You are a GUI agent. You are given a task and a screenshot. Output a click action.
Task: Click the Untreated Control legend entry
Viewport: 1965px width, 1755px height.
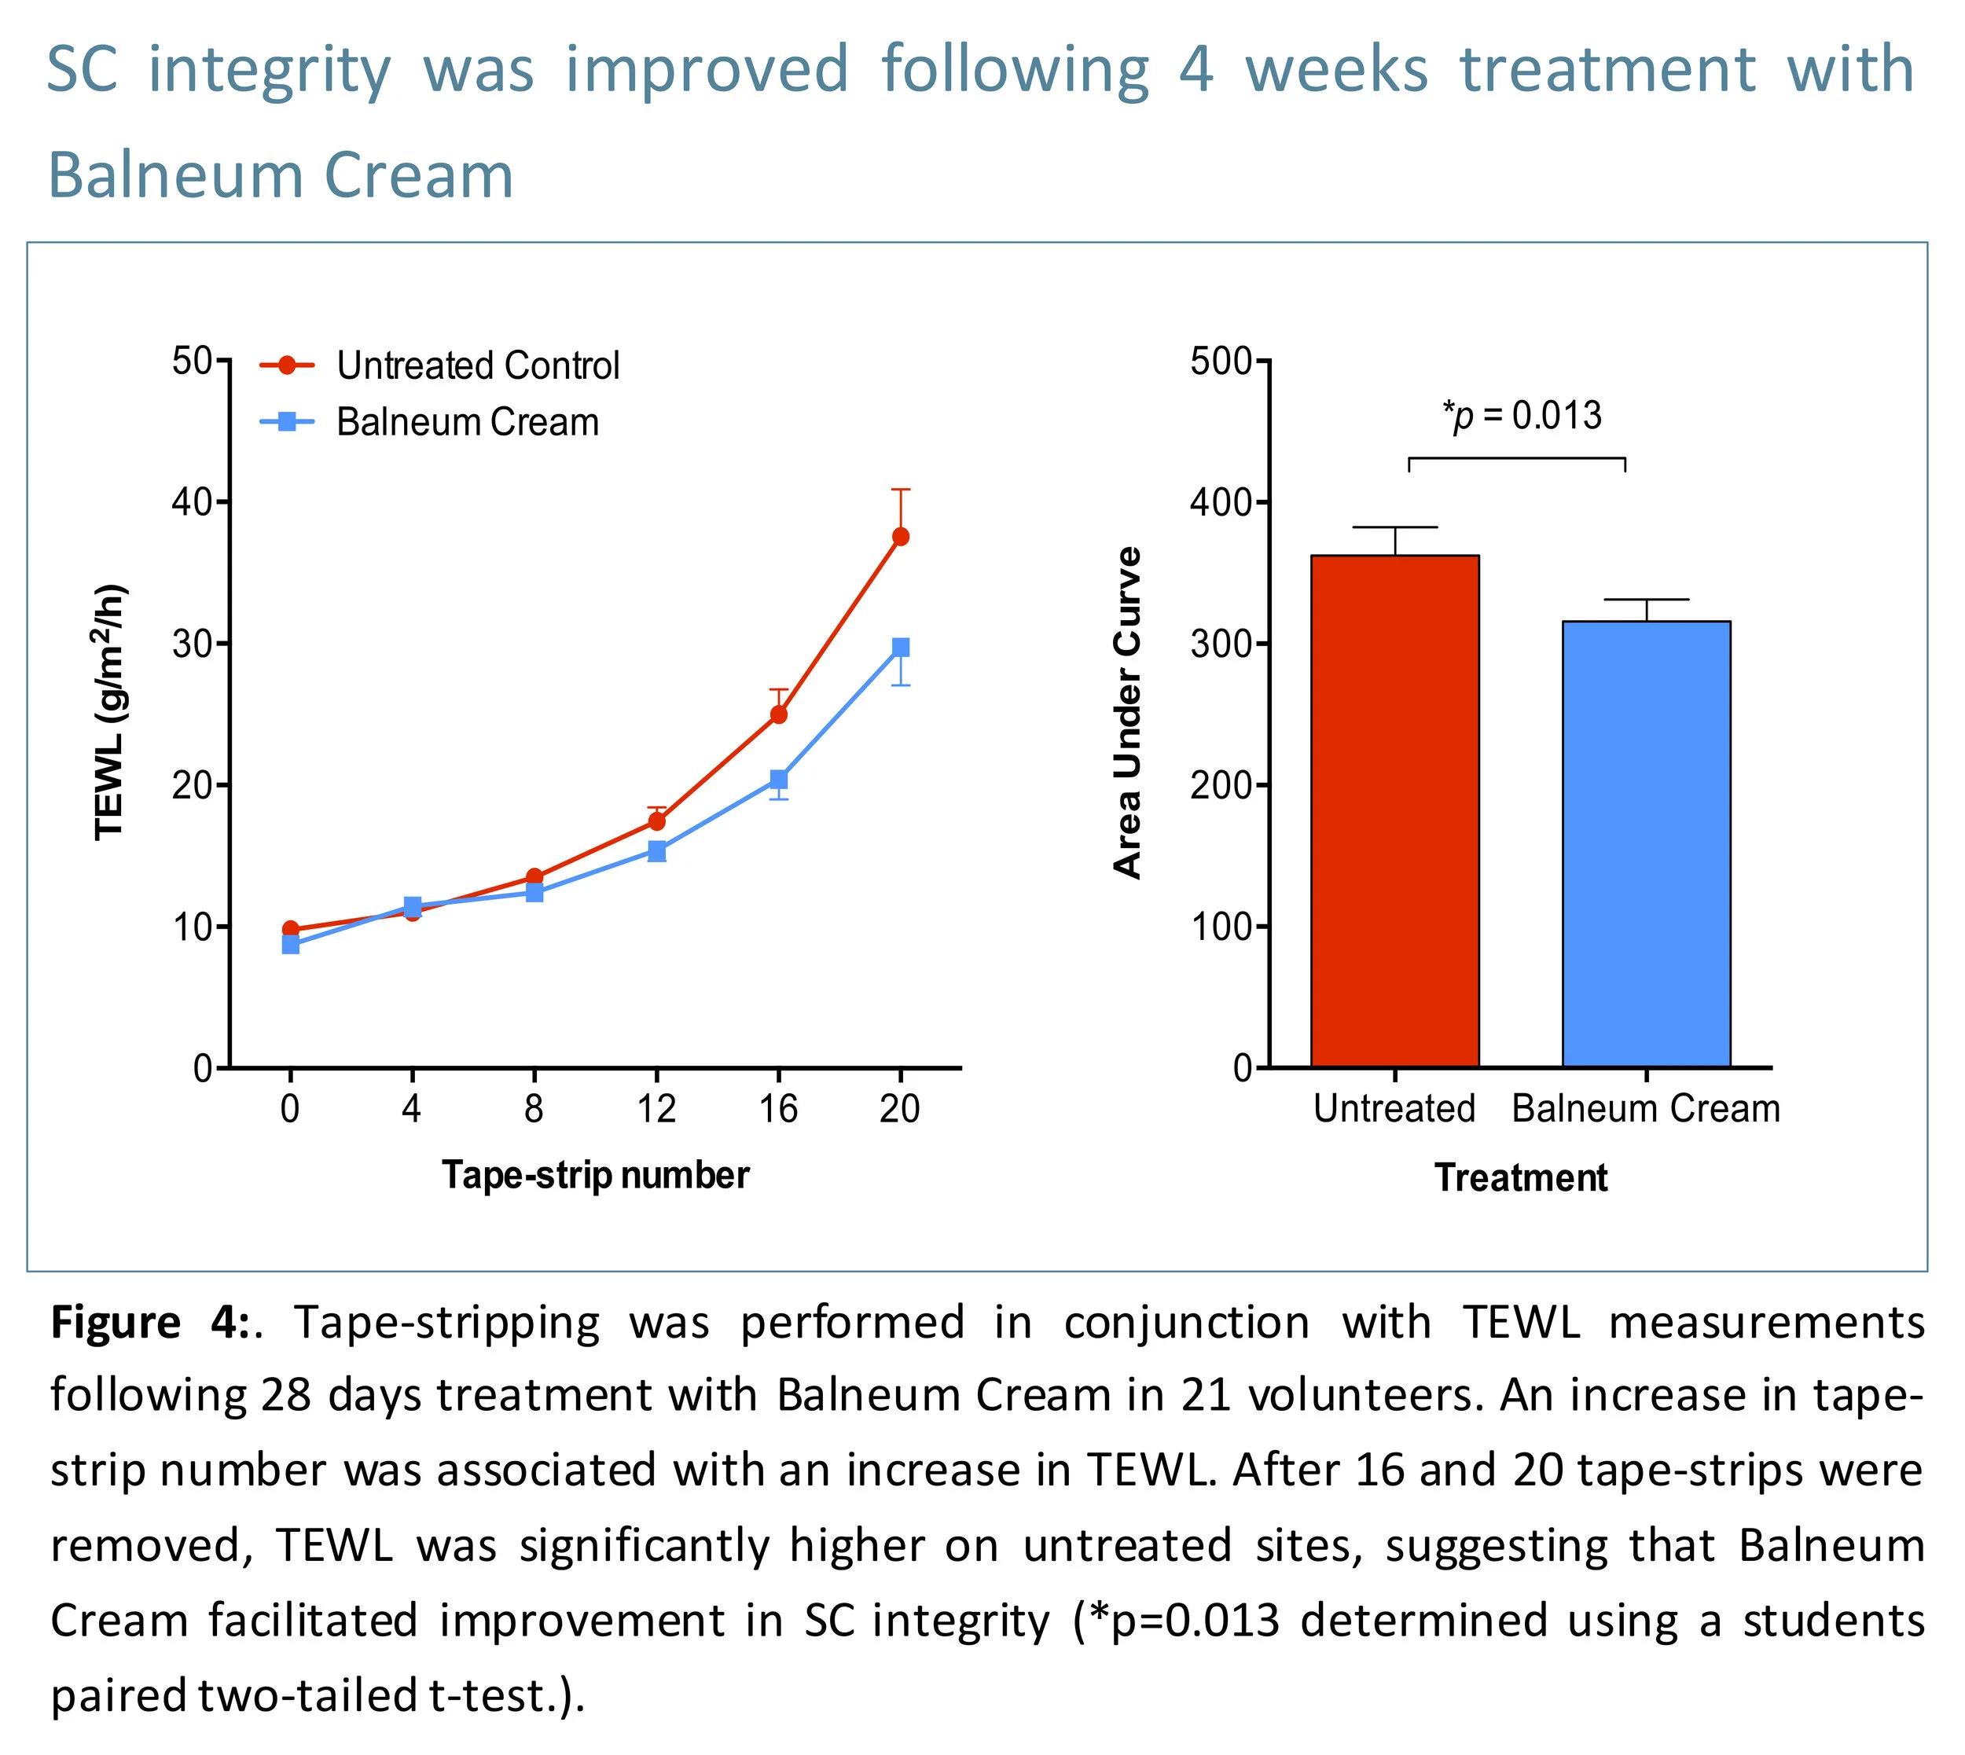pyautogui.click(x=477, y=365)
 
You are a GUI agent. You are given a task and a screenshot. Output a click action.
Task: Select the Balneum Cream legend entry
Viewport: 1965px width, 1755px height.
pyautogui.click(x=467, y=422)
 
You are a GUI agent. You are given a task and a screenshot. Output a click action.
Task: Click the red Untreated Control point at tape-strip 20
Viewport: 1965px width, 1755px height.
pyautogui.click(x=901, y=536)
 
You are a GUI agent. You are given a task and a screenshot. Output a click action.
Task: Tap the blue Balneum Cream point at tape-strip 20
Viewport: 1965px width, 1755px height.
pyautogui.click(x=901, y=647)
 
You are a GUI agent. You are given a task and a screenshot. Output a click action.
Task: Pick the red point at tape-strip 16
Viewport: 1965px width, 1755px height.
pyautogui.click(x=779, y=714)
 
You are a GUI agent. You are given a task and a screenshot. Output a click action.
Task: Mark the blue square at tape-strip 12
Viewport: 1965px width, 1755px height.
pyautogui.click(x=656, y=850)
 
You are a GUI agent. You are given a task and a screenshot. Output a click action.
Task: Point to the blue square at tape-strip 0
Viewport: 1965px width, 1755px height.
pyautogui.click(x=290, y=944)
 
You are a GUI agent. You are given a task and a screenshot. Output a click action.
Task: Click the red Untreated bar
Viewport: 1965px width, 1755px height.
pyautogui.click(x=1394, y=810)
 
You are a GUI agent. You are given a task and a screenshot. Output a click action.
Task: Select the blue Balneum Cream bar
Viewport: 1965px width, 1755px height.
pyautogui.click(x=1646, y=844)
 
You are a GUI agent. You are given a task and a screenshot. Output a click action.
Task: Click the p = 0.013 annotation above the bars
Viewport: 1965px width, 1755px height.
pyautogui.click(x=1522, y=416)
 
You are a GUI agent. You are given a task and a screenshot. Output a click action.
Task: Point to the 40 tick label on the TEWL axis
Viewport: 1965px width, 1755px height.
pyautogui.click(x=192, y=501)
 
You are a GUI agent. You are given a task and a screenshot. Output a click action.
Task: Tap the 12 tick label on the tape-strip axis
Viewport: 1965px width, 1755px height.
pyautogui.click(x=656, y=1109)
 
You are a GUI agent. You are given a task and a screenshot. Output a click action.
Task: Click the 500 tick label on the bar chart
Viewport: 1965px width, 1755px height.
pyautogui.click(x=1220, y=362)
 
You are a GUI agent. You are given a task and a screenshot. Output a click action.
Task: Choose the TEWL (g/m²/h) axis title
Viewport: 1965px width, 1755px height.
pyautogui.click(x=110, y=711)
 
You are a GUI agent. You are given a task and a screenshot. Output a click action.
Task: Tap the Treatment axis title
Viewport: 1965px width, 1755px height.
pyautogui.click(x=1520, y=1177)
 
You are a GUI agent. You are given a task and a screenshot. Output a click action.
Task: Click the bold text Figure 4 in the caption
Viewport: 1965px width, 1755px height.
pyautogui.click(x=149, y=1322)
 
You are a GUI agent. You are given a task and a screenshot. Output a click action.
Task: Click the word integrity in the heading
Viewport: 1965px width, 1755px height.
pyautogui.click(x=269, y=72)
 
